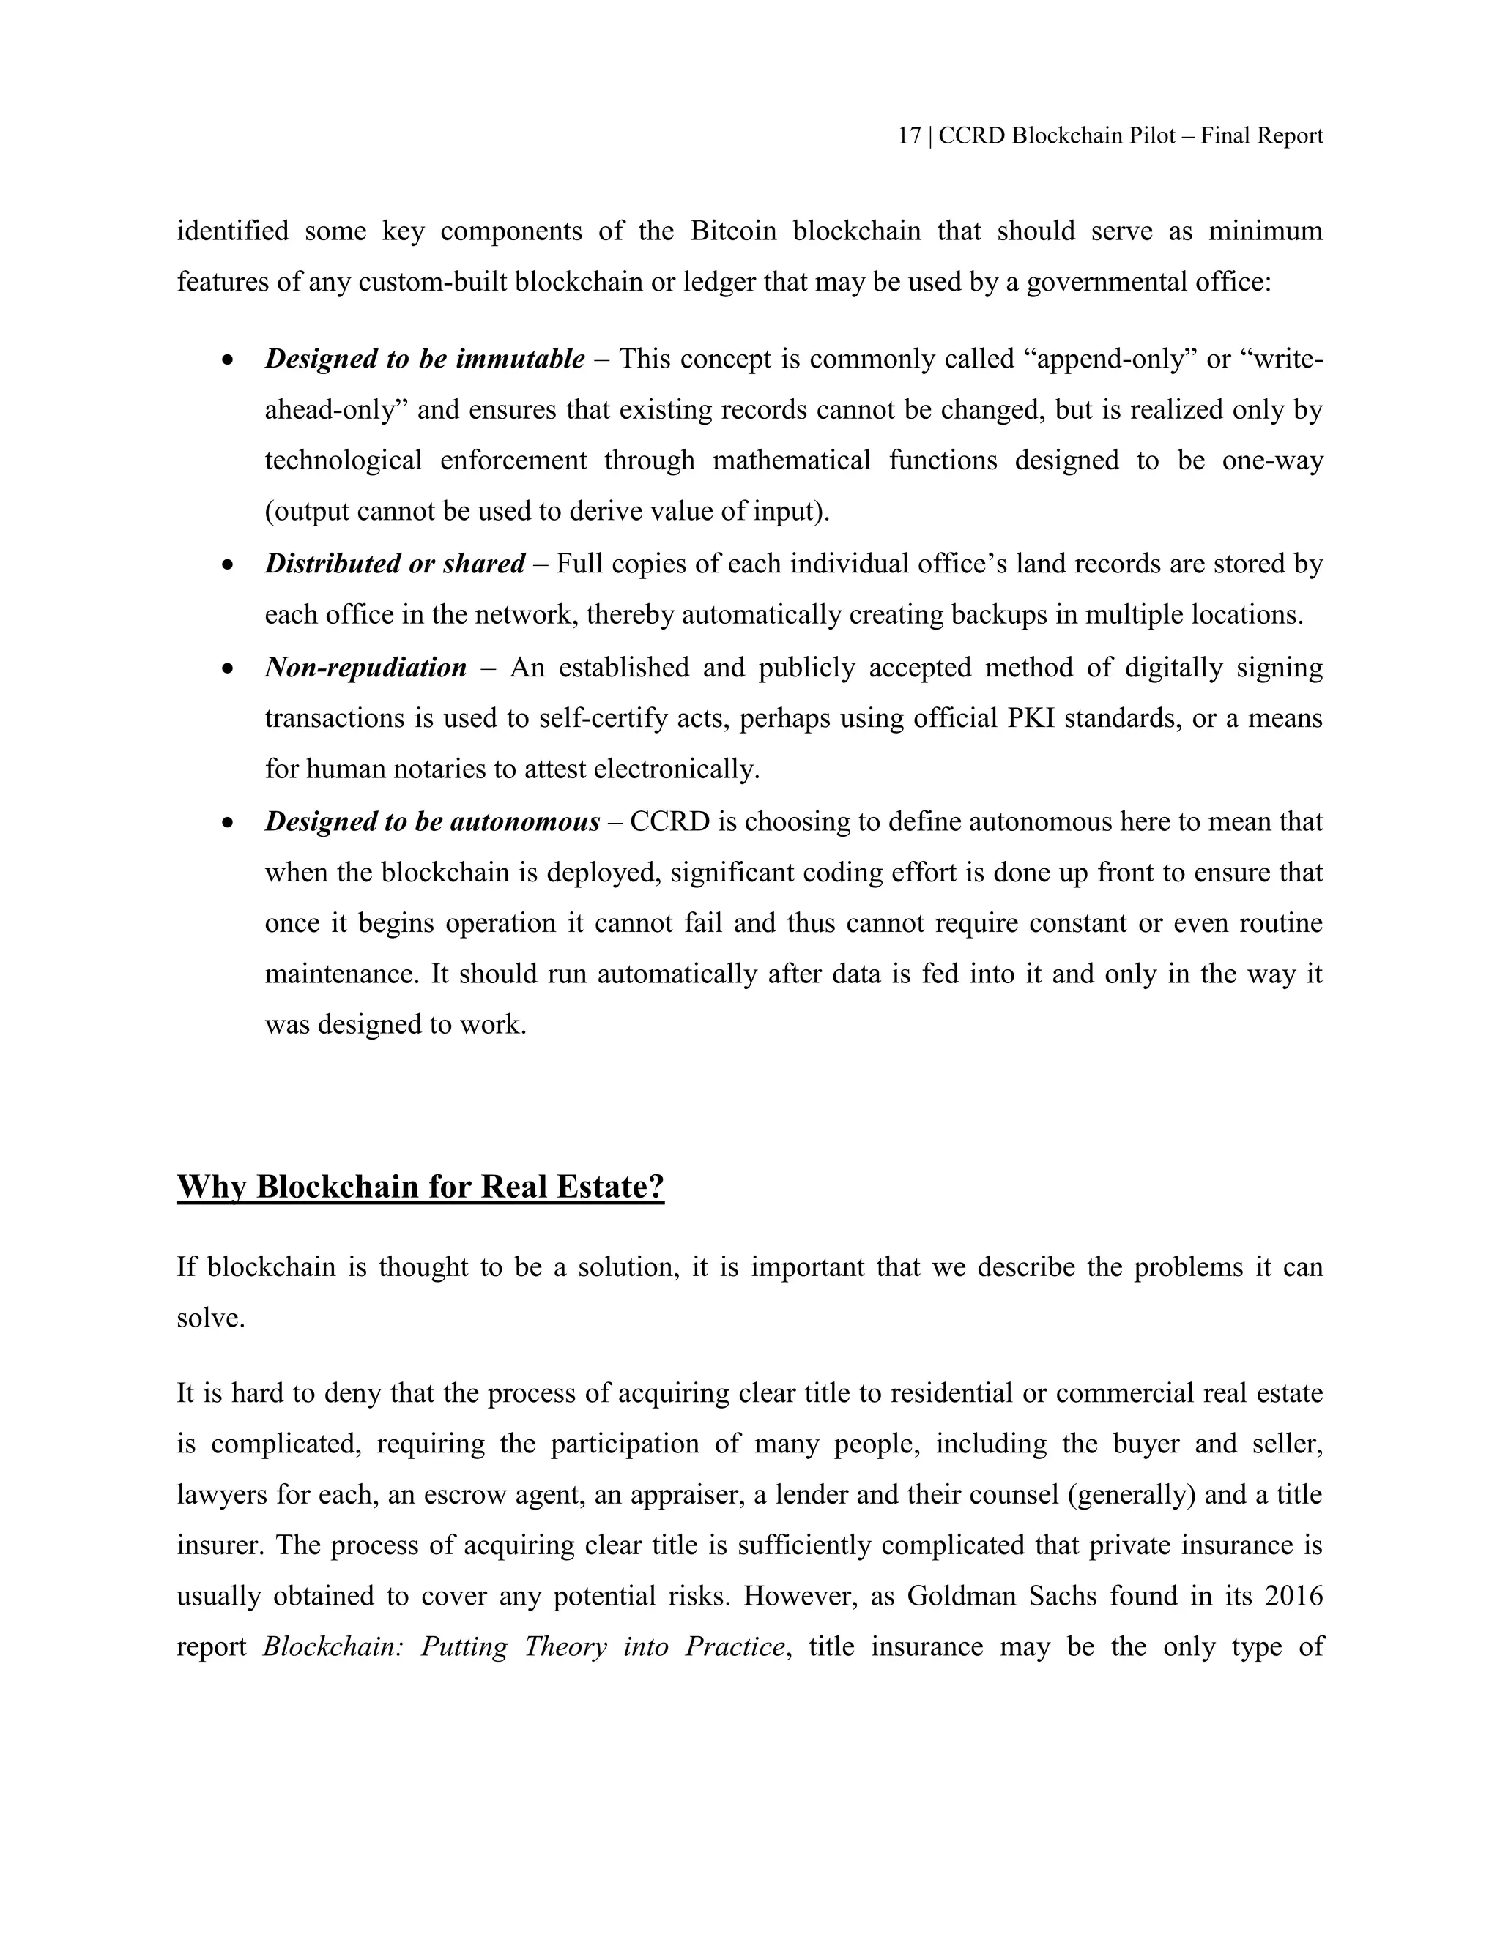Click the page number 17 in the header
pyautogui.click(x=908, y=136)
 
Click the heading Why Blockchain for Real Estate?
pyautogui.click(x=420, y=1187)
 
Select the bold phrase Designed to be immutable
pyautogui.click(x=425, y=359)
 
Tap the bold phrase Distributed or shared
pyautogui.click(x=395, y=564)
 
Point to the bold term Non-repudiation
pyautogui.click(x=365, y=667)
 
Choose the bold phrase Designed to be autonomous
pyautogui.click(x=432, y=821)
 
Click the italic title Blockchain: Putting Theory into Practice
pyautogui.click(x=524, y=1647)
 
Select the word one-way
pyautogui.click(x=1272, y=461)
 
